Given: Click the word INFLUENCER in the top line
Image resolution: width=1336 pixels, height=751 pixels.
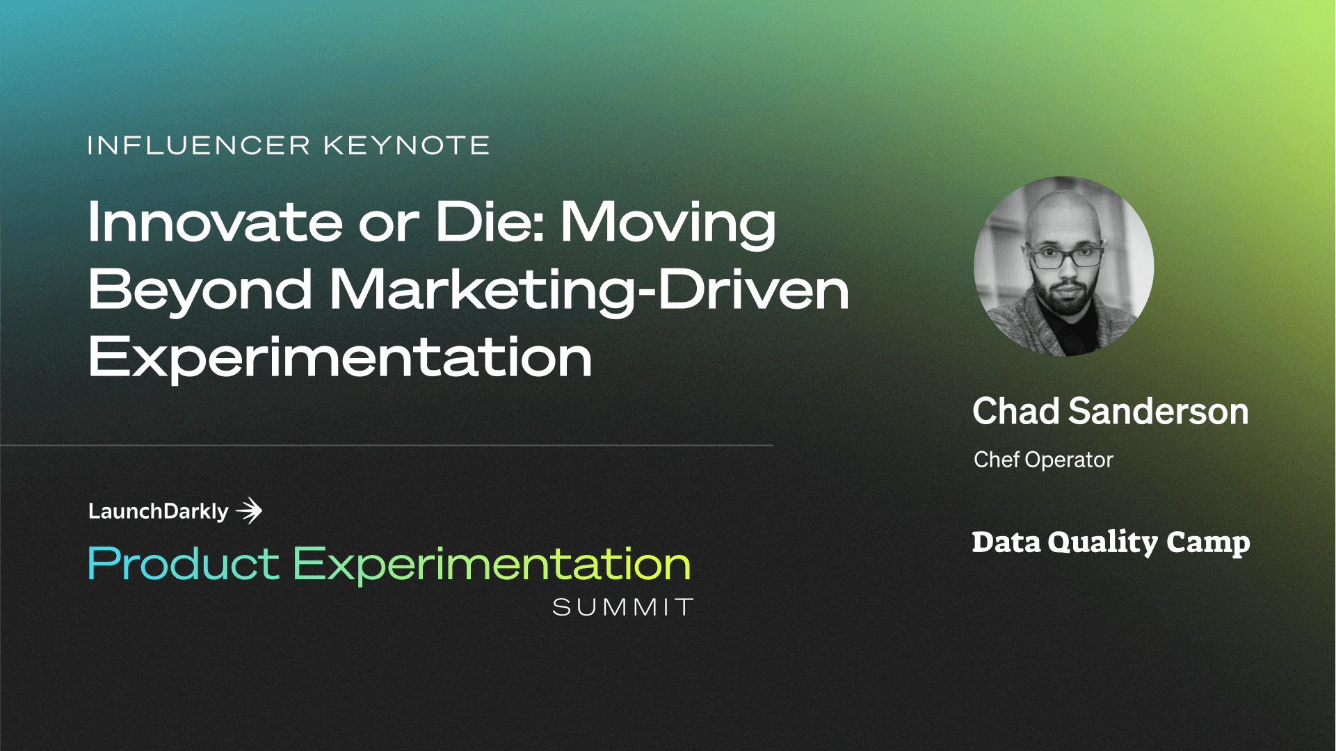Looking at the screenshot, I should [198, 145].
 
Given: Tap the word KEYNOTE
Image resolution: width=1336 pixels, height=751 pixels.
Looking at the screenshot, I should [406, 145].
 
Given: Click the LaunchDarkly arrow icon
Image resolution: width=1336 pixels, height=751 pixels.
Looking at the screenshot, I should [249, 511].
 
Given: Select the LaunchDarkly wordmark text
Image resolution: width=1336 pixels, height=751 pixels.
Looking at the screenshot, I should [158, 512].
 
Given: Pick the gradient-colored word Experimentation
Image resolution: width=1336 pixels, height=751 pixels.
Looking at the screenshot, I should [491, 565].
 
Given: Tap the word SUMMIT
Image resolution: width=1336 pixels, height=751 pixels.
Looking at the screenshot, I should [622, 608].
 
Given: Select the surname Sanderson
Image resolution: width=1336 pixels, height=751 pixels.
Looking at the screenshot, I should [1158, 412].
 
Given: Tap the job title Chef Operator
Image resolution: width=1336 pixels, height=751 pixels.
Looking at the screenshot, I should [1043, 460].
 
